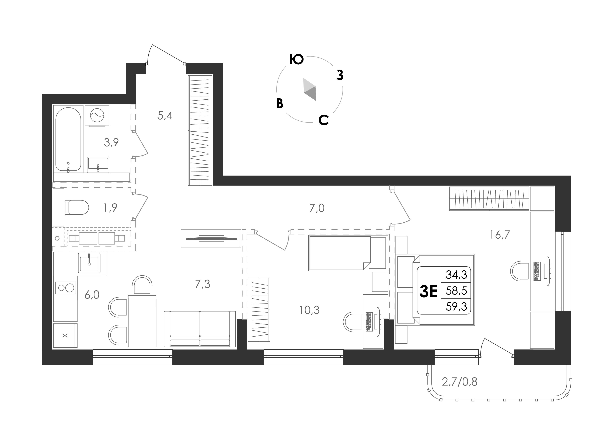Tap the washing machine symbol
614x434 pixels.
tap(97, 115)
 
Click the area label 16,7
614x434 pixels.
tap(500, 235)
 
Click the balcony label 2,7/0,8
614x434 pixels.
tap(460, 382)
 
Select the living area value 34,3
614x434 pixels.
tap(456, 275)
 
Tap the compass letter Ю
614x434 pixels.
tap(296, 60)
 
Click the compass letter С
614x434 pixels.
tap(324, 120)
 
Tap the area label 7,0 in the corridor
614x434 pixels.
tap(317, 208)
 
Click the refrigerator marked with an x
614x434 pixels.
tap(65, 335)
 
